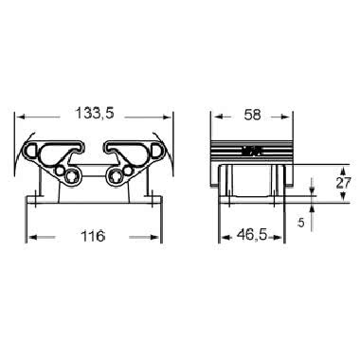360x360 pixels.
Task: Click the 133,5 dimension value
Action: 95,115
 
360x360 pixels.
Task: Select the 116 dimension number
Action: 92,235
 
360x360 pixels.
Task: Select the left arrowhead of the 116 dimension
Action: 30,236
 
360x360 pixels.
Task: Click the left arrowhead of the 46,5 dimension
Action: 225,236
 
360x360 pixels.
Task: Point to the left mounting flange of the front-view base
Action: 35,200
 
